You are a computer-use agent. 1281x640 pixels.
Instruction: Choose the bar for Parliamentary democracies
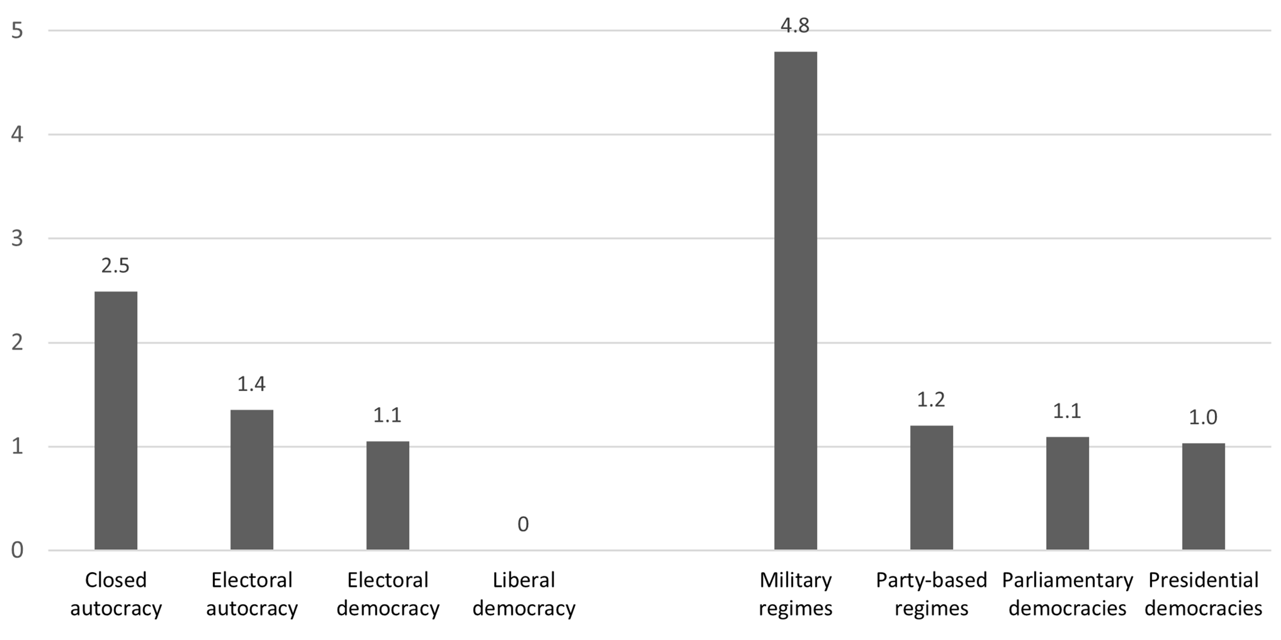point(1067,493)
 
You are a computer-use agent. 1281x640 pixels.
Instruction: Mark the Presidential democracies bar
point(1203,496)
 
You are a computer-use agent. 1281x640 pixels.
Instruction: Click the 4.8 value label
point(795,26)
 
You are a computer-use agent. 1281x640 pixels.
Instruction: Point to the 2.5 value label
point(115,265)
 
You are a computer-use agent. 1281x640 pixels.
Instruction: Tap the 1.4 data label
point(251,384)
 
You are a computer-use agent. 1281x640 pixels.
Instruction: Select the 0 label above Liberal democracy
point(523,524)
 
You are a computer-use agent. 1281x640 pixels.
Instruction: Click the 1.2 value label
point(931,399)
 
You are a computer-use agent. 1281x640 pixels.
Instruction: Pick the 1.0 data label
point(1203,417)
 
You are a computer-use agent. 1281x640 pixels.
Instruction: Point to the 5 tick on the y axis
point(17,30)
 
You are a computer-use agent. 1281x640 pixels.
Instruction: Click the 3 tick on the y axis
point(17,238)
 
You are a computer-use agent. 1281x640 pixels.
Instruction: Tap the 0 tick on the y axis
point(17,550)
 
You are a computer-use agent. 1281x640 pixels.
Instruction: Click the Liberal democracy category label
point(524,594)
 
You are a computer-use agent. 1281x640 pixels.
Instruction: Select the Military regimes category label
point(795,594)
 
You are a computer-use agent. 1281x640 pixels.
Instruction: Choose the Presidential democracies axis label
point(1203,594)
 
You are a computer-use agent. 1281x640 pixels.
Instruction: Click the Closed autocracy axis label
point(116,594)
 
